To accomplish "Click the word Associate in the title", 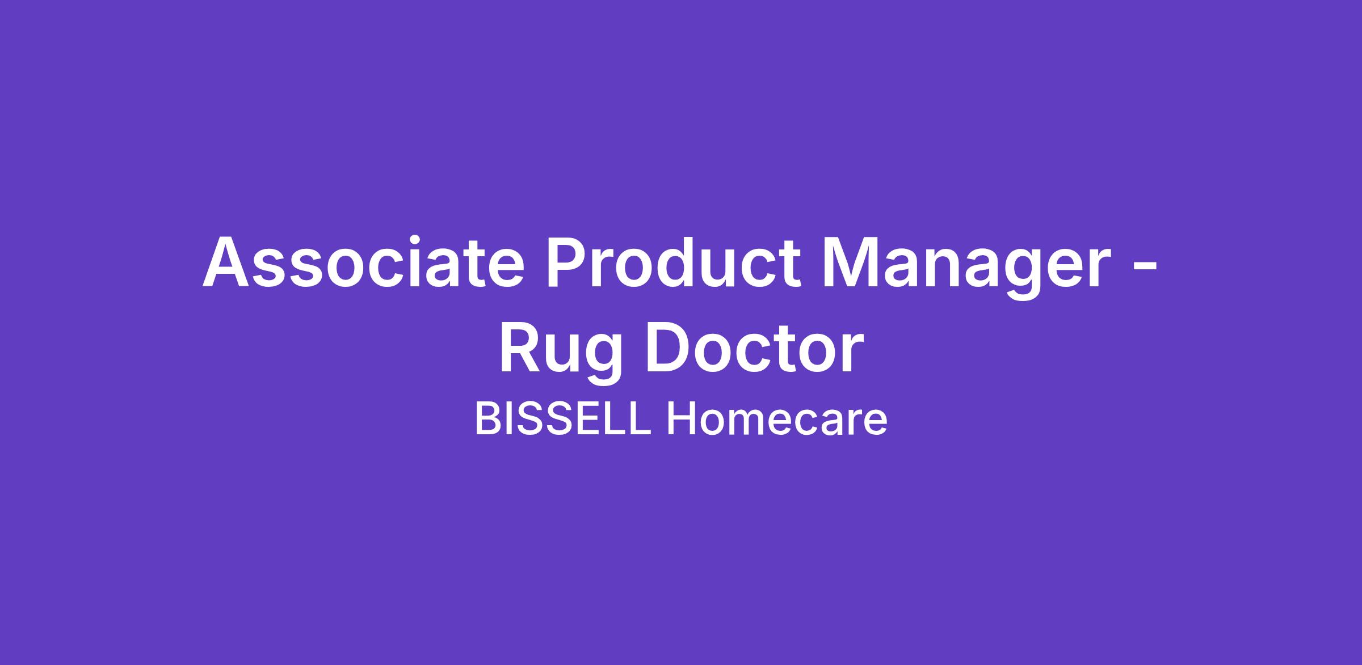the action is (x=363, y=261).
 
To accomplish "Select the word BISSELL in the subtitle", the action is (x=562, y=420).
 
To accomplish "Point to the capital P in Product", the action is (x=568, y=261).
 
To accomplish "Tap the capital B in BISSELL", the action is (x=487, y=420).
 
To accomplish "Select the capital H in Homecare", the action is (x=680, y=420).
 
